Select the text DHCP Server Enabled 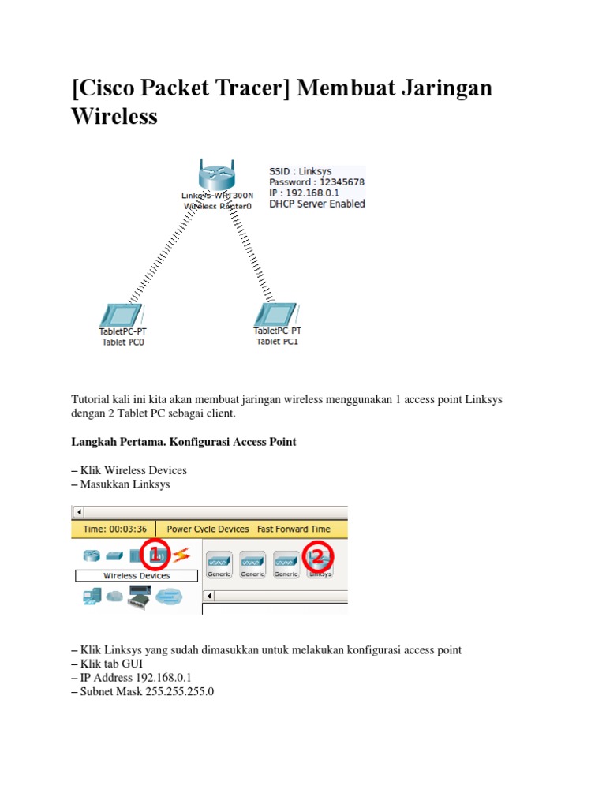point(317,204)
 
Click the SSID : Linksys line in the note point(301,170)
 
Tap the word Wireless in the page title point(114,117)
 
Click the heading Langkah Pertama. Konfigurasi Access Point point(184,442)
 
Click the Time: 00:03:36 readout point(114,529)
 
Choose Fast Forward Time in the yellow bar point(294,529)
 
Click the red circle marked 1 point(156,555)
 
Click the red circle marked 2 point(318,558)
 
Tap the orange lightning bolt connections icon point(181,555)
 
